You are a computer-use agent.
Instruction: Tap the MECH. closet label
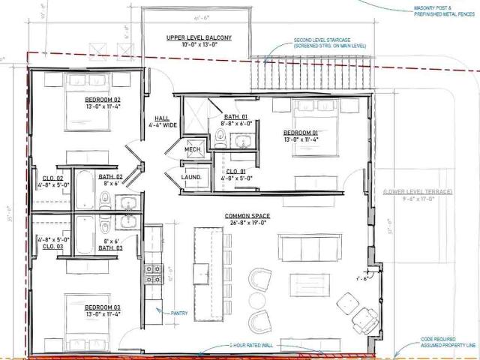pyautogui.click(x=191, y=150)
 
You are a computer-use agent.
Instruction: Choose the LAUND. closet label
pyautogui.click(x=191, y=178)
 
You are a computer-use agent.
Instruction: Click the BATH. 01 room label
pyautogui.click(x=235, y=121)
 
